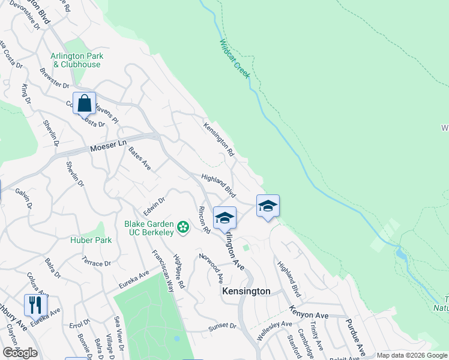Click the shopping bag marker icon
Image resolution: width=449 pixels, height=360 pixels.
click(85, 103)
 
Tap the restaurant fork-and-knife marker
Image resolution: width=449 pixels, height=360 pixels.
click(35, 305)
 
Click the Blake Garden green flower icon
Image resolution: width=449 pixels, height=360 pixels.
click(183, 227)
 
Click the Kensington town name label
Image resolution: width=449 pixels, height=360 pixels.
click(246, 291)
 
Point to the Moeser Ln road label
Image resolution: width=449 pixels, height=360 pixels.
click(109, 146)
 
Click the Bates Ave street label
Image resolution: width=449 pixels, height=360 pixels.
click(139, 158)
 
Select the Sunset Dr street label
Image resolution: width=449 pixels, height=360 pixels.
click(223, 327)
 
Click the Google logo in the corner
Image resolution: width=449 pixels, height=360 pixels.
click(20, 353)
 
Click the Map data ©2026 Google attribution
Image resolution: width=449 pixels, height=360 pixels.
click(412, 355)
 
